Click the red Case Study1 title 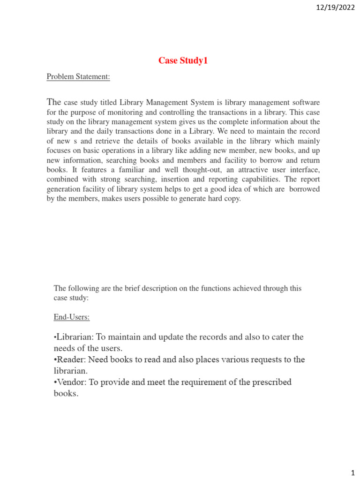coord(183,60)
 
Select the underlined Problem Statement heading coord(78,77)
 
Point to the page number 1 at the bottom coord(353,472)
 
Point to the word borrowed coord(304,189)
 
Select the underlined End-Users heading coord(72,317)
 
